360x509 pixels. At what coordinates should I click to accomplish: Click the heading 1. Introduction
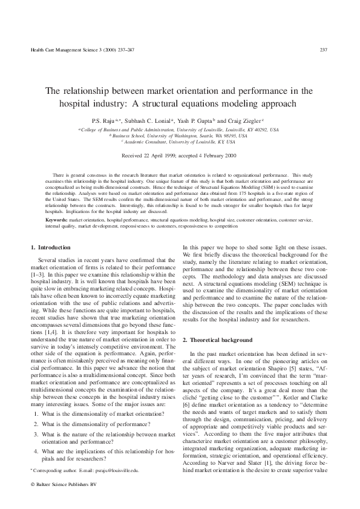(51, 247)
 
